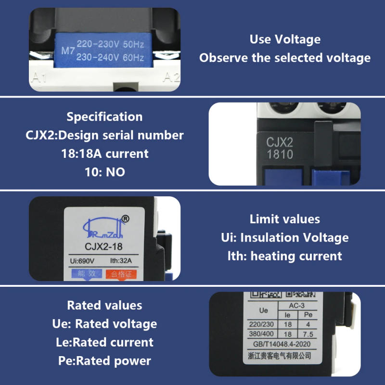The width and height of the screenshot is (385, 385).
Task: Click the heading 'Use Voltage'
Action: [x=285, y=39]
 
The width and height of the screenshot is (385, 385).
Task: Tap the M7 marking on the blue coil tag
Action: [x=68, y=50]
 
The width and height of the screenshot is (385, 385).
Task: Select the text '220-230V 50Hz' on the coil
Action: [x=110, y=44]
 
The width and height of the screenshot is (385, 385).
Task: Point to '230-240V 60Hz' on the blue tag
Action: [x=110, y=57]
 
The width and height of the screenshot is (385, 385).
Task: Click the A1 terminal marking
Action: [x=39, y=77]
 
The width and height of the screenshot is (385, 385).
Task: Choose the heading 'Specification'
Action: [x=104, y=116]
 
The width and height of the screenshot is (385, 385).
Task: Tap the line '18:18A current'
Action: [x=104, y=154]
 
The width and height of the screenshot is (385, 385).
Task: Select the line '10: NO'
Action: [x=104, y=172]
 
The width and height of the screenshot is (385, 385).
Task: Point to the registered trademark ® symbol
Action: [x=126, y=219]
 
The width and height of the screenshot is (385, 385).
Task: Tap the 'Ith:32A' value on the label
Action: [x=120, y=261]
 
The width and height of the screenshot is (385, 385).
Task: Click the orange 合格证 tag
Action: [x=121, y=274]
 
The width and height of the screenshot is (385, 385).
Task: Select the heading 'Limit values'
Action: [x=284, y=219]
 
